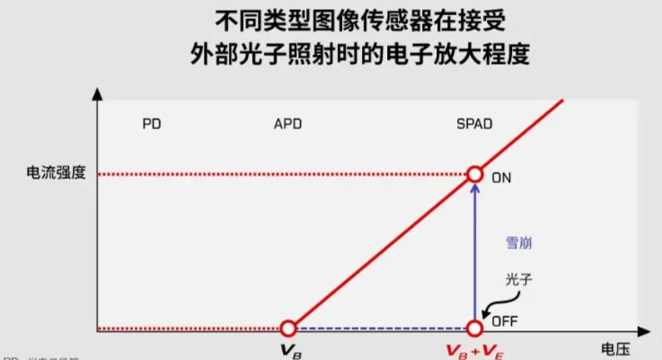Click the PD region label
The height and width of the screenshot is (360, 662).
(152, 123)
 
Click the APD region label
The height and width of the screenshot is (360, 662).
(287, 123)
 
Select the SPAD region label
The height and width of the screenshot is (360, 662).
(474, 123)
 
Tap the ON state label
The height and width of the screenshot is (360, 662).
(501, 177)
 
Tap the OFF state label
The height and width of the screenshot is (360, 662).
(504, 320)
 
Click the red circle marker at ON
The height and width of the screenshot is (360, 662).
(474, 174)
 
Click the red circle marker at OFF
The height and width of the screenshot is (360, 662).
(474, 329)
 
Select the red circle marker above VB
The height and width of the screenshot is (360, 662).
(287, 329)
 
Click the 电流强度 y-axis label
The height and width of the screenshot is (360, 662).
(57, 174)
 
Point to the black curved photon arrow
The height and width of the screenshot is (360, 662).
(494, 302)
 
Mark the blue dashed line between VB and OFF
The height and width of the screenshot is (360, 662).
(381, 329)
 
